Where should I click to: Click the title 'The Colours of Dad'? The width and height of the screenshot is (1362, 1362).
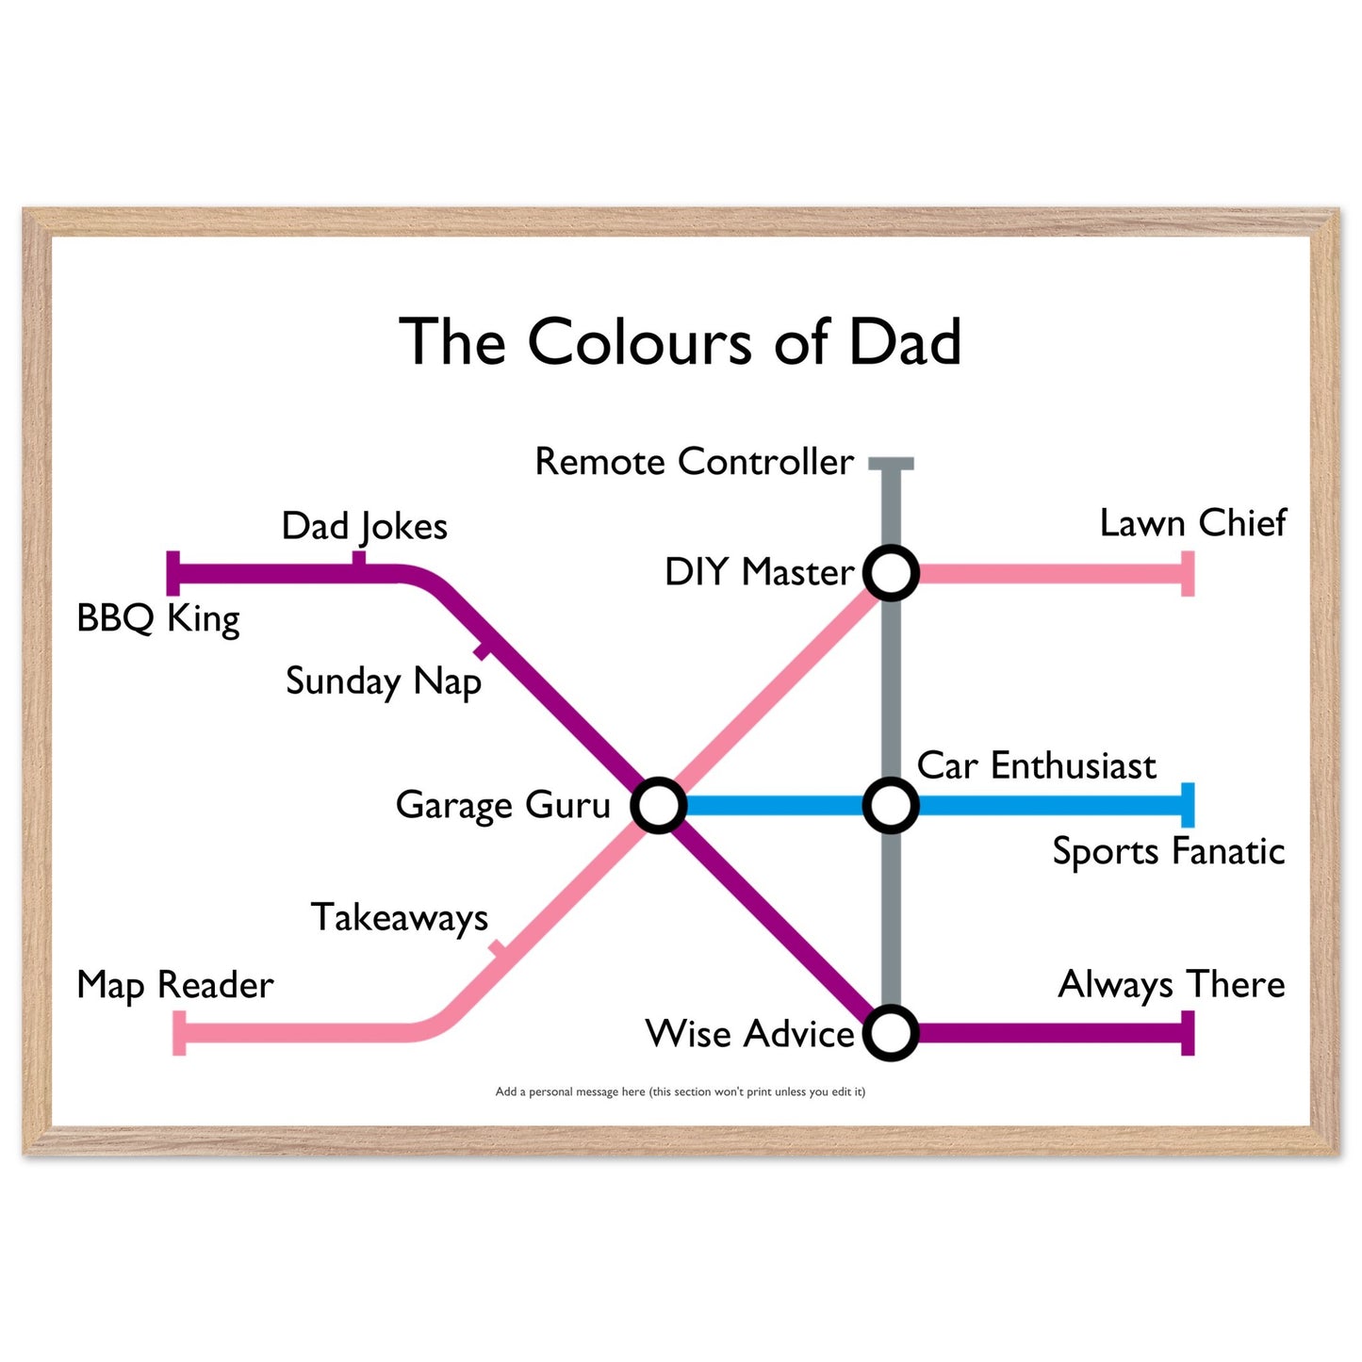(680, 341)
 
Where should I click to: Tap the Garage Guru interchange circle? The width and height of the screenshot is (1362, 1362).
(658, 805)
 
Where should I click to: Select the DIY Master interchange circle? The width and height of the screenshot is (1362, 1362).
(891, 573)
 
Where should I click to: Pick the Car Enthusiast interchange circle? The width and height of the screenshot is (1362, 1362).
(891, 805)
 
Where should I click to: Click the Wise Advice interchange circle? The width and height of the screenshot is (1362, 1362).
(891, 1033)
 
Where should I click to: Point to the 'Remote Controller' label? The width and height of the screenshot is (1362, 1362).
(694, 462)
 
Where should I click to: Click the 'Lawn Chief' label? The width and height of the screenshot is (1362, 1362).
(1193, 523)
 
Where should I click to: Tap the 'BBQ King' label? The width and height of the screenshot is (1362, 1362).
(158, 619)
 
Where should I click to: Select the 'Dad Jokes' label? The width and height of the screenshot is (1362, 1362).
(365, 527)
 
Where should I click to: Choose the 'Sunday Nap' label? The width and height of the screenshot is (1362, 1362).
(384, 682)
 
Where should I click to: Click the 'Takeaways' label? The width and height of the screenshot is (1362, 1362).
(400, 918)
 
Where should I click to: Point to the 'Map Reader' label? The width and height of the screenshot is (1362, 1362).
(175, 985)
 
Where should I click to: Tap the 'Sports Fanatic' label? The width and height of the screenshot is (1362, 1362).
(1169, 851)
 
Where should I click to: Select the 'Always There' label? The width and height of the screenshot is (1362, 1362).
(1172, 985)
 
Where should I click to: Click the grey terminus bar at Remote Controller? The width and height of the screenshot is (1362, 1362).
(891, 464)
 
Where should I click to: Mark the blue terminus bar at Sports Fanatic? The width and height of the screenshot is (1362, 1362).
(1188, 805)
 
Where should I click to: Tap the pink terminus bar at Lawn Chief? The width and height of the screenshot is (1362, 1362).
(1188, 573)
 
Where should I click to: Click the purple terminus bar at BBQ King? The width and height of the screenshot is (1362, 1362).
(173, 573)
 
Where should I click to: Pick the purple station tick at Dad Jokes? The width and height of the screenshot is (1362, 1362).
(358, 559)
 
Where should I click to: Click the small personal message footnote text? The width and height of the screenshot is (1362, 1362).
(680, 1092)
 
